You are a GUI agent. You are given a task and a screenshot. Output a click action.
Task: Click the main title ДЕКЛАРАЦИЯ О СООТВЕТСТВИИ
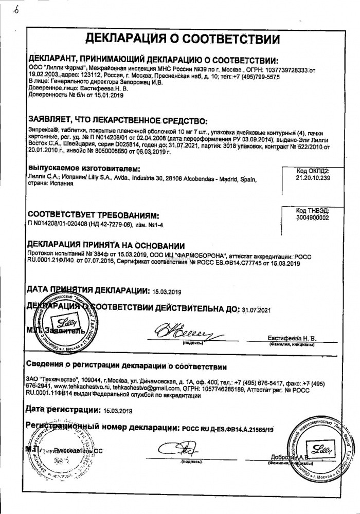[182, 38]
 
